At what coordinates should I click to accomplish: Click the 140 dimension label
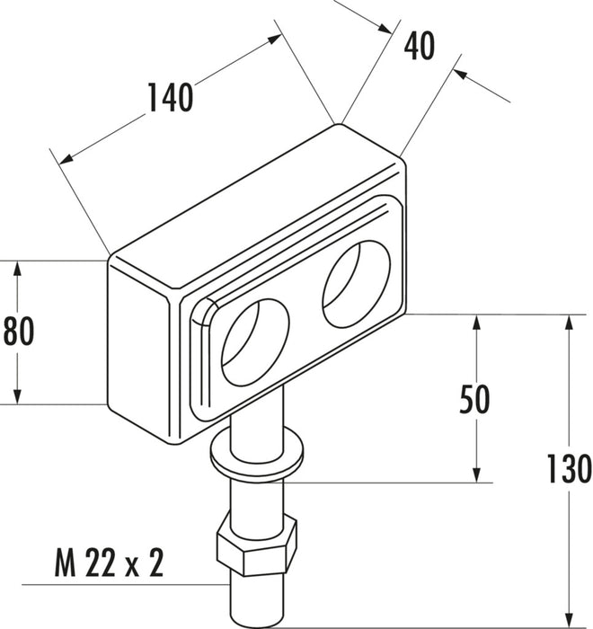(171, 97)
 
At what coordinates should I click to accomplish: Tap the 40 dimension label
(420, 46)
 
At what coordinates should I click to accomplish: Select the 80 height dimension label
(19, 332)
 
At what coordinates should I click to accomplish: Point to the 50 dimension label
(474, 399)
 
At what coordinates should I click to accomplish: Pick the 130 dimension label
(570, 468)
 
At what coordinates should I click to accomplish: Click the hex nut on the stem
(257, 545)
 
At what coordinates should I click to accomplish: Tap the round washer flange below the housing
(257, 455)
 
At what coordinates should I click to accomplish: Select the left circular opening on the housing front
(255, 342)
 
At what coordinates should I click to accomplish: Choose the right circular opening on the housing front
(357, 284)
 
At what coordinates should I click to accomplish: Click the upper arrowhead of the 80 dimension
(17, 269)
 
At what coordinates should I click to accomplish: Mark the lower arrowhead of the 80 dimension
(17, 396)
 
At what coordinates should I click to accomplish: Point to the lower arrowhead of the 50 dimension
(477, 475)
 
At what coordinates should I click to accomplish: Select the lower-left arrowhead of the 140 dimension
(66, 159)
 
